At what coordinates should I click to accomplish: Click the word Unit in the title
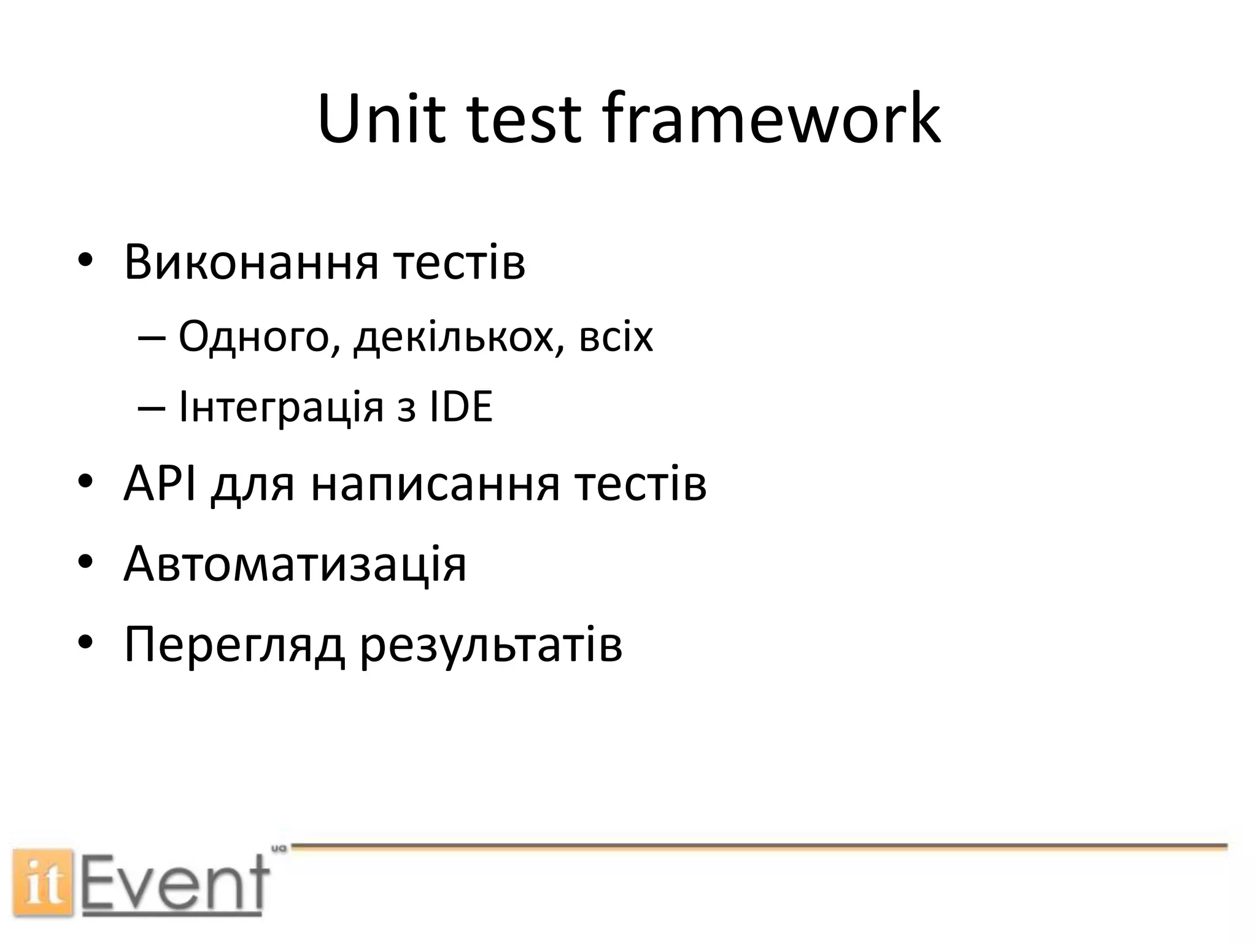click(381, 118)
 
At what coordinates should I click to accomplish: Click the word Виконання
click(250, 263)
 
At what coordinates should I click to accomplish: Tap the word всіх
click(616, 338)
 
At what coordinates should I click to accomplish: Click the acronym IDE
click(460, 407)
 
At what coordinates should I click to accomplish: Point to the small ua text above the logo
click(279, 848)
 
